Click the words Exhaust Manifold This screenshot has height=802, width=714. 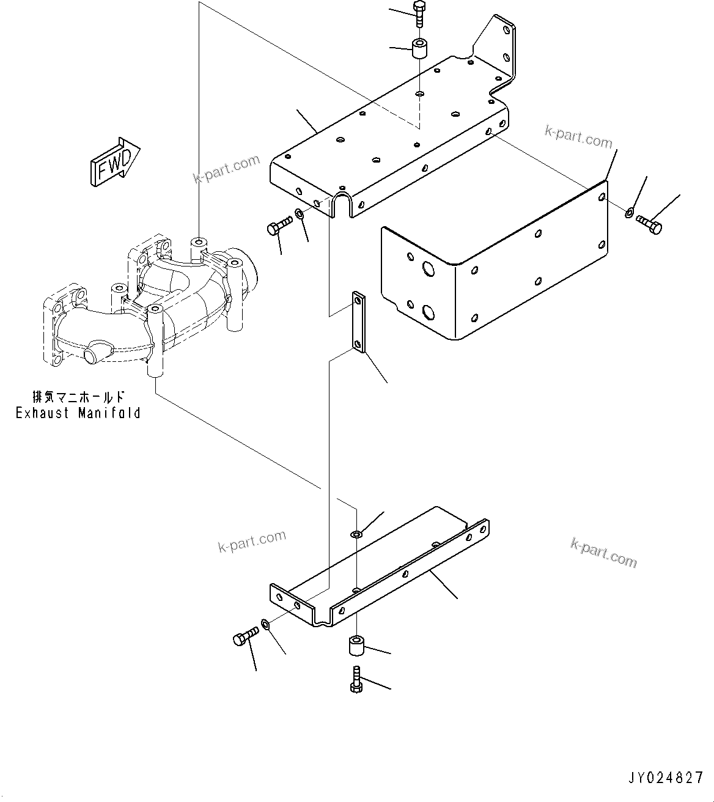pos(78,413)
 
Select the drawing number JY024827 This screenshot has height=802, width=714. pos(665,778)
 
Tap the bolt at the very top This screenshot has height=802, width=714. pos(419,14)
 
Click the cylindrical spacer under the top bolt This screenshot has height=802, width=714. pos(419,49)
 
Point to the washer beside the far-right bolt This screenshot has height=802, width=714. pos(629,213)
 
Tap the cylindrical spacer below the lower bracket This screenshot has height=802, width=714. pos(357,646)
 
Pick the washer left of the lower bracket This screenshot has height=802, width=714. pos(266,624)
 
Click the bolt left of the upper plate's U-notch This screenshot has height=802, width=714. pos(277,227)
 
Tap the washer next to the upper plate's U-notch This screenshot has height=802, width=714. pos(300,214)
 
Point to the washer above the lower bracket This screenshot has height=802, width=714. pos(357,534)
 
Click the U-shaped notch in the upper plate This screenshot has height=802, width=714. pos(342,207)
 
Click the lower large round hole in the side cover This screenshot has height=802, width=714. pos(429,313)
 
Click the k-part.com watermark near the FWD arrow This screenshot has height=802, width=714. pos(227,169)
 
